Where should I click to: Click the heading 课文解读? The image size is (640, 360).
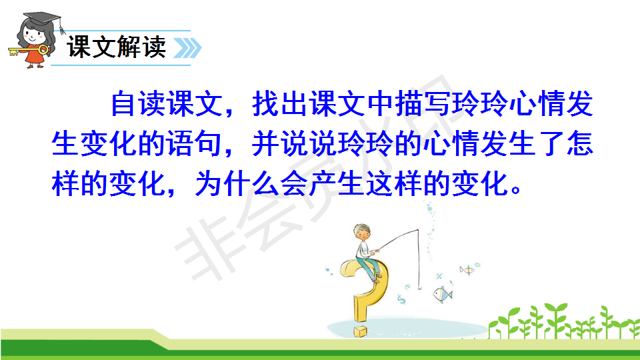pyautogui.click(x=117, y=47)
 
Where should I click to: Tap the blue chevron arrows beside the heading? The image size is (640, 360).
pyautogui.click(x=188, y=48)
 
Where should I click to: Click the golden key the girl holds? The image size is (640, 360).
pyautogui.click(x=29, y=51)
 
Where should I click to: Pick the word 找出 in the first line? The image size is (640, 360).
pyautogui.click(x=279, y=104)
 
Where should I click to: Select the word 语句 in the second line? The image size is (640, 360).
pyautogui.click(x=194, y=144)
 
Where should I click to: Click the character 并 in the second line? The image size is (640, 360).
pyautogui.click(x=266, y=144)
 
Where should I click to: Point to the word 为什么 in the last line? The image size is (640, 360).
pyautogui.click(x=237, y=184)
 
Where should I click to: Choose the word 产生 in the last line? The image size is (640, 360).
pyautogui.click(x=336, y=184)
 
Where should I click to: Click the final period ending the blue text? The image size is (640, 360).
pyautogui.click(x=516, y=189)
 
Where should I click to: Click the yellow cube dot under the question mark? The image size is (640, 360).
pyautogui.click(x=361, y=331)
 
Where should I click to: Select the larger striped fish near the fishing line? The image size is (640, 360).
pyautogui.click(x=443, y=294)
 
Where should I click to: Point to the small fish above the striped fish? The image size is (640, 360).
pyautogui.click(x=467, y=270)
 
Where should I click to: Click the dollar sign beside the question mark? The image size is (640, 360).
pyautogui.click(x=401, y=300)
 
